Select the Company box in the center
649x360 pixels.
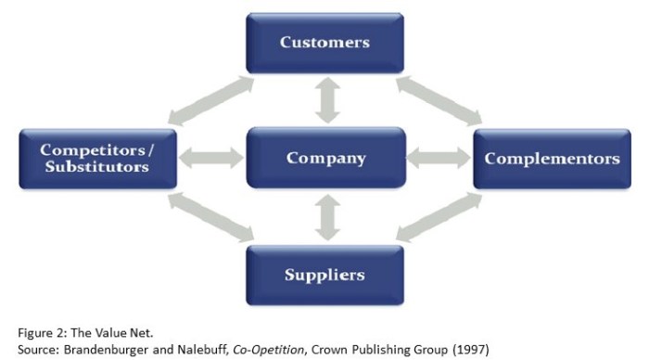[x=324, y=159]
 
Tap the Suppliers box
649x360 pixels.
[x=324, y=275]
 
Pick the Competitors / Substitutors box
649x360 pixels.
[x=96, y=159]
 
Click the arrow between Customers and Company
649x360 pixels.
[x=324, y=101]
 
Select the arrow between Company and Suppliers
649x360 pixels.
[x=324, y=216]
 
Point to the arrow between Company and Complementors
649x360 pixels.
[x=439, y=159]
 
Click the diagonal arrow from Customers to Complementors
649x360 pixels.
[x=440, y=100]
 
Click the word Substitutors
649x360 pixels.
[x=96, y=168]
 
